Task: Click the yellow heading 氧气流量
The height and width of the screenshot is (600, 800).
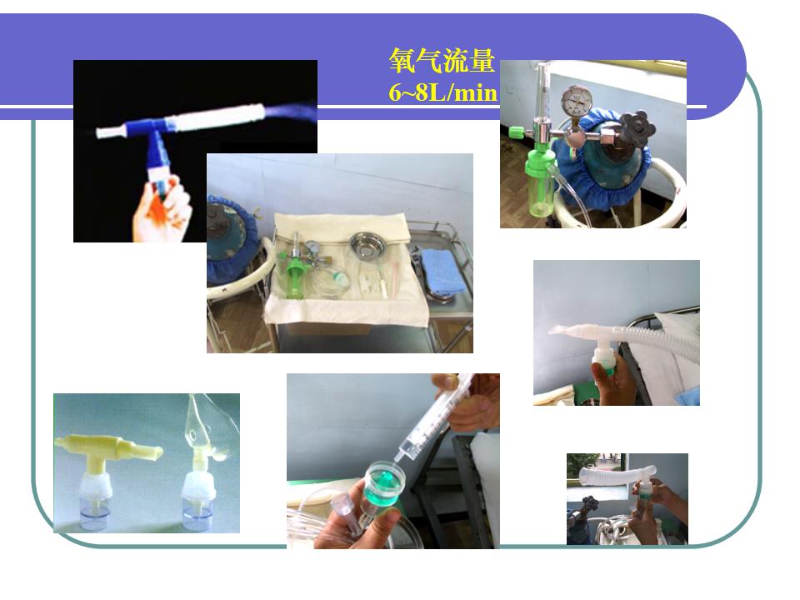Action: click(442, 61)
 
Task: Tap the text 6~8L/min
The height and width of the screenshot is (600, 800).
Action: click(442, 93)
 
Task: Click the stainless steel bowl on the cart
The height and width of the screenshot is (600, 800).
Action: click(366, 245)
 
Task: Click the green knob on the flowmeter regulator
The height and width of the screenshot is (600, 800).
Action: click(517, 132)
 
